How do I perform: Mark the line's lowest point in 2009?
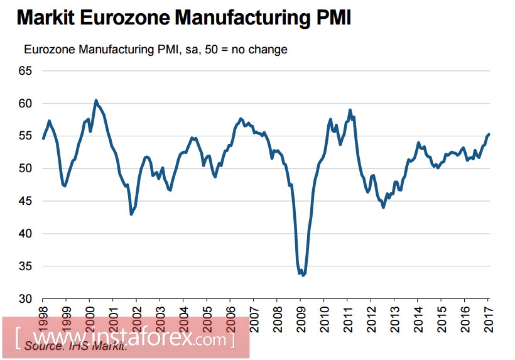click(x=303, y=275)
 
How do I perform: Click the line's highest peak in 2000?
click(x=95, y=101)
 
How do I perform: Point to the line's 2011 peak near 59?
click(x=350, y=110)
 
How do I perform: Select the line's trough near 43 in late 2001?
click(x=131, y=214)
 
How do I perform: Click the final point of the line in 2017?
click(x=489, y=134)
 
